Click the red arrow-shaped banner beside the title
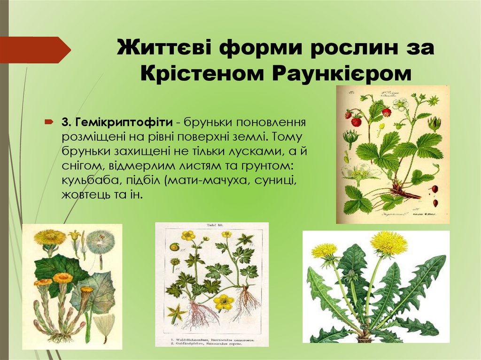tap(35, 50)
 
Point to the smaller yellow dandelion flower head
tap(324, 250)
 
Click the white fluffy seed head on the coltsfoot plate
tap(100, 242)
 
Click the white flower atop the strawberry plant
tap(400, 104)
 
